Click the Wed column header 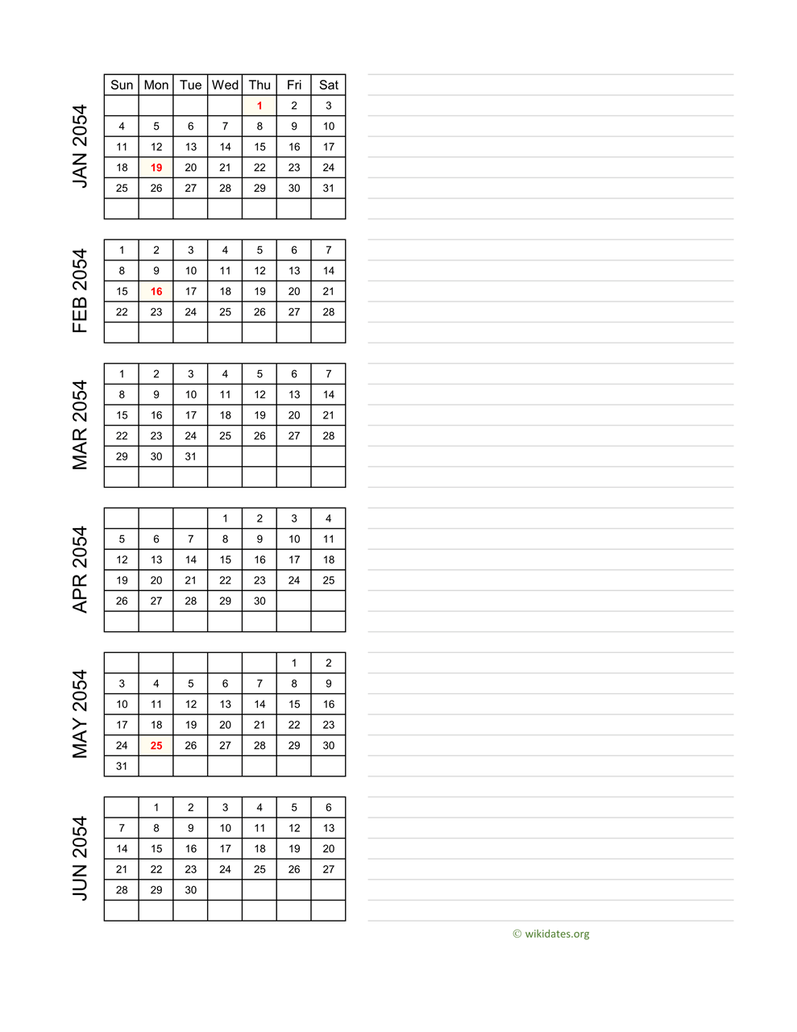tap(225, 85)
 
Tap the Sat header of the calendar tap(328, 85)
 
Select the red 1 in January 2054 tap(259, 106)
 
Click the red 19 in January tap(156, 168)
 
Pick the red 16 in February tap(156, 292)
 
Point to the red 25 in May tap(156, 746)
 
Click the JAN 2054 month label tap(80, 146)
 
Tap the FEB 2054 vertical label tap(80, 291)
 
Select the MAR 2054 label tap(80, 425)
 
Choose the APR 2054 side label tap(80, 569)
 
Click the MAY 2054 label tap(80, 714)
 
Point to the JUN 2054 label tap(80, 859)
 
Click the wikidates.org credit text tap(556, 934)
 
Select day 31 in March tap(190, 456)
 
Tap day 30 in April tap(259, 601)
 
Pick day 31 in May tap(122, 766)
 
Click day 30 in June tap(190, 890)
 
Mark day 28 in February tap(328, 312)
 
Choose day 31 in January tap(328, 188)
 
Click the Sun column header tap(122, 85)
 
